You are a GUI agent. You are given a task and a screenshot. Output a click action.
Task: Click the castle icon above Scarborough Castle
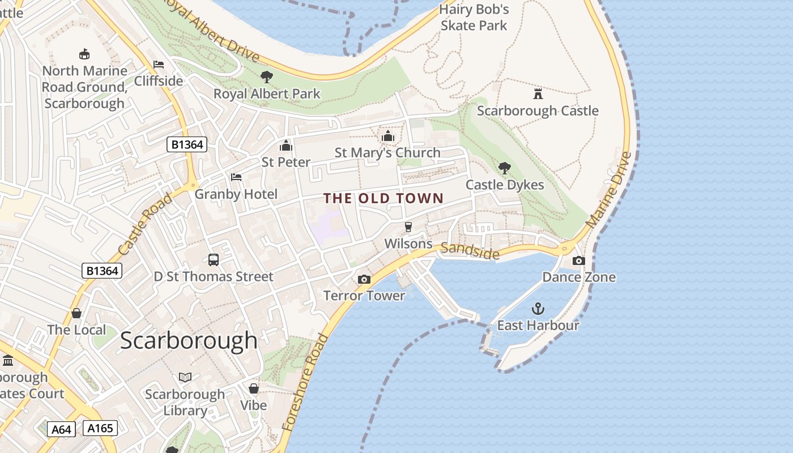click(x=538, y=93)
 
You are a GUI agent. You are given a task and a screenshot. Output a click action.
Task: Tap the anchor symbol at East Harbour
click(x=538, y=309)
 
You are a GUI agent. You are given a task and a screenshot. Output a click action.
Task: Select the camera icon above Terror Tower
click(x=364, y=279)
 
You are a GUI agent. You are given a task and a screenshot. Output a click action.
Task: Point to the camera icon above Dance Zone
click(x=578, y=260)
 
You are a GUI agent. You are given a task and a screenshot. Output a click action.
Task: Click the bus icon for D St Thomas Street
click(x=214, y=260)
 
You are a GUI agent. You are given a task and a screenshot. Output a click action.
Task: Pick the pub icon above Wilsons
click(x=408, y=227)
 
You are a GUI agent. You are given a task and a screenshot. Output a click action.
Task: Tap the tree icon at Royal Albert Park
click(x=266, y=77)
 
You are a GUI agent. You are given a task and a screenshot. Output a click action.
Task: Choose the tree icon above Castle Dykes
click(x=504, y=168)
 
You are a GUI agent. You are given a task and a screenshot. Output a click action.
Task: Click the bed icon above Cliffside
click(x=159, y=65)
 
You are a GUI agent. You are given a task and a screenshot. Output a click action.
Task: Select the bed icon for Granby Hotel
click(x=236, y=177)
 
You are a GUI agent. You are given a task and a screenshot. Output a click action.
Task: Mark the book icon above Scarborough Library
click(x=185, y=377)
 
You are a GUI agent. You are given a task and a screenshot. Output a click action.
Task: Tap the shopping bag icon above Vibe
click(x=254, y=388)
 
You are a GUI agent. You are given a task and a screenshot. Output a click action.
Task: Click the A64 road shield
click(x=61, y=429)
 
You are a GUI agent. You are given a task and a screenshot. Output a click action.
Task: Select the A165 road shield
click(x=100, y=428)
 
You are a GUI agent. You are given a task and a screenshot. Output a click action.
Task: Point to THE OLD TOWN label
click(x=383, y=198)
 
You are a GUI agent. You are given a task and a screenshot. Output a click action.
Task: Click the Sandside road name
click(x=470, y=250)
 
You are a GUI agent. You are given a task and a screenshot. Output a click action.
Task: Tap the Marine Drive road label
click(x=609, y=190)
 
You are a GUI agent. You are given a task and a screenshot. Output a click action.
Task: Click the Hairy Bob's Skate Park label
click(x=474, y=18)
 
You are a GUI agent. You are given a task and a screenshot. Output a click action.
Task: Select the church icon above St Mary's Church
click(x=387, y=136)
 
